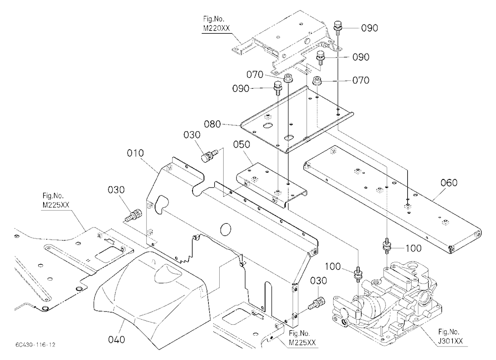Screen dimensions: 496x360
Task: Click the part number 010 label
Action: click(x=135, y=153)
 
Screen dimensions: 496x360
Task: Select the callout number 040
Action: click(x=117, y=340)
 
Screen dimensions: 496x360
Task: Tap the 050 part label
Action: click(x=242, y=144)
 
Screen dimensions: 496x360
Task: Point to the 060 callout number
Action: click(x=449, y=182)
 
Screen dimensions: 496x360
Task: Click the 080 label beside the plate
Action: click(x=212, y=124)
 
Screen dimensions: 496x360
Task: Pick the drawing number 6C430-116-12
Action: click(x=35, y=345)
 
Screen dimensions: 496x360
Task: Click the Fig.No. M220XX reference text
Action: click(x=217, y=24)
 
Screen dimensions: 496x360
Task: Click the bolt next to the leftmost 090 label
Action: click(x=278, y=88)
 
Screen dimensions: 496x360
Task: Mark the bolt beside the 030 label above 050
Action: click(x=210, y=155)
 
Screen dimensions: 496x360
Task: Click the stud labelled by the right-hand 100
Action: click(x=386, y=245)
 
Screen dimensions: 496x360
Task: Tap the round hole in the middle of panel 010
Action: click(x=226, y=229)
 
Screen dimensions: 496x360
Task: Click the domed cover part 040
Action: click(x=152, y=300)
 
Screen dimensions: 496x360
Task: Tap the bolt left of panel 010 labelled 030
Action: click(x=133, y=216)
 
